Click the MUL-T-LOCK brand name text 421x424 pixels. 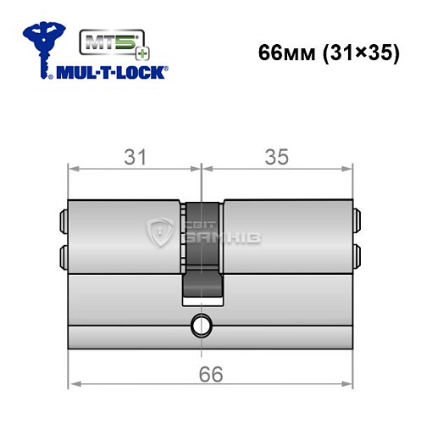click(x=110, y=73)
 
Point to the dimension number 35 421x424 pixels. click(x=277, y=157)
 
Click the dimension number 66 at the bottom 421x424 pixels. click(x=208, y=374)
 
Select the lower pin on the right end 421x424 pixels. click(x=357, y=254)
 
